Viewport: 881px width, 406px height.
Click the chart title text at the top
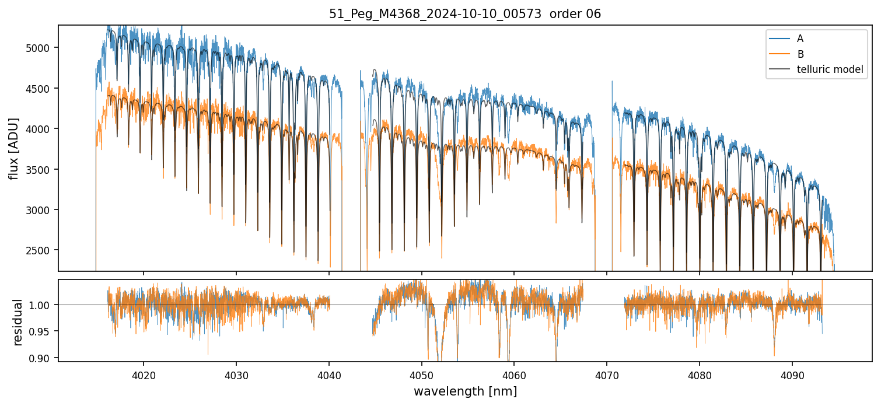[x=465, y=14]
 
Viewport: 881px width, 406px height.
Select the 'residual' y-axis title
[x=18, y=322]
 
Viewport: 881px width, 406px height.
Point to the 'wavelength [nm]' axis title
[x=465, y=391]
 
